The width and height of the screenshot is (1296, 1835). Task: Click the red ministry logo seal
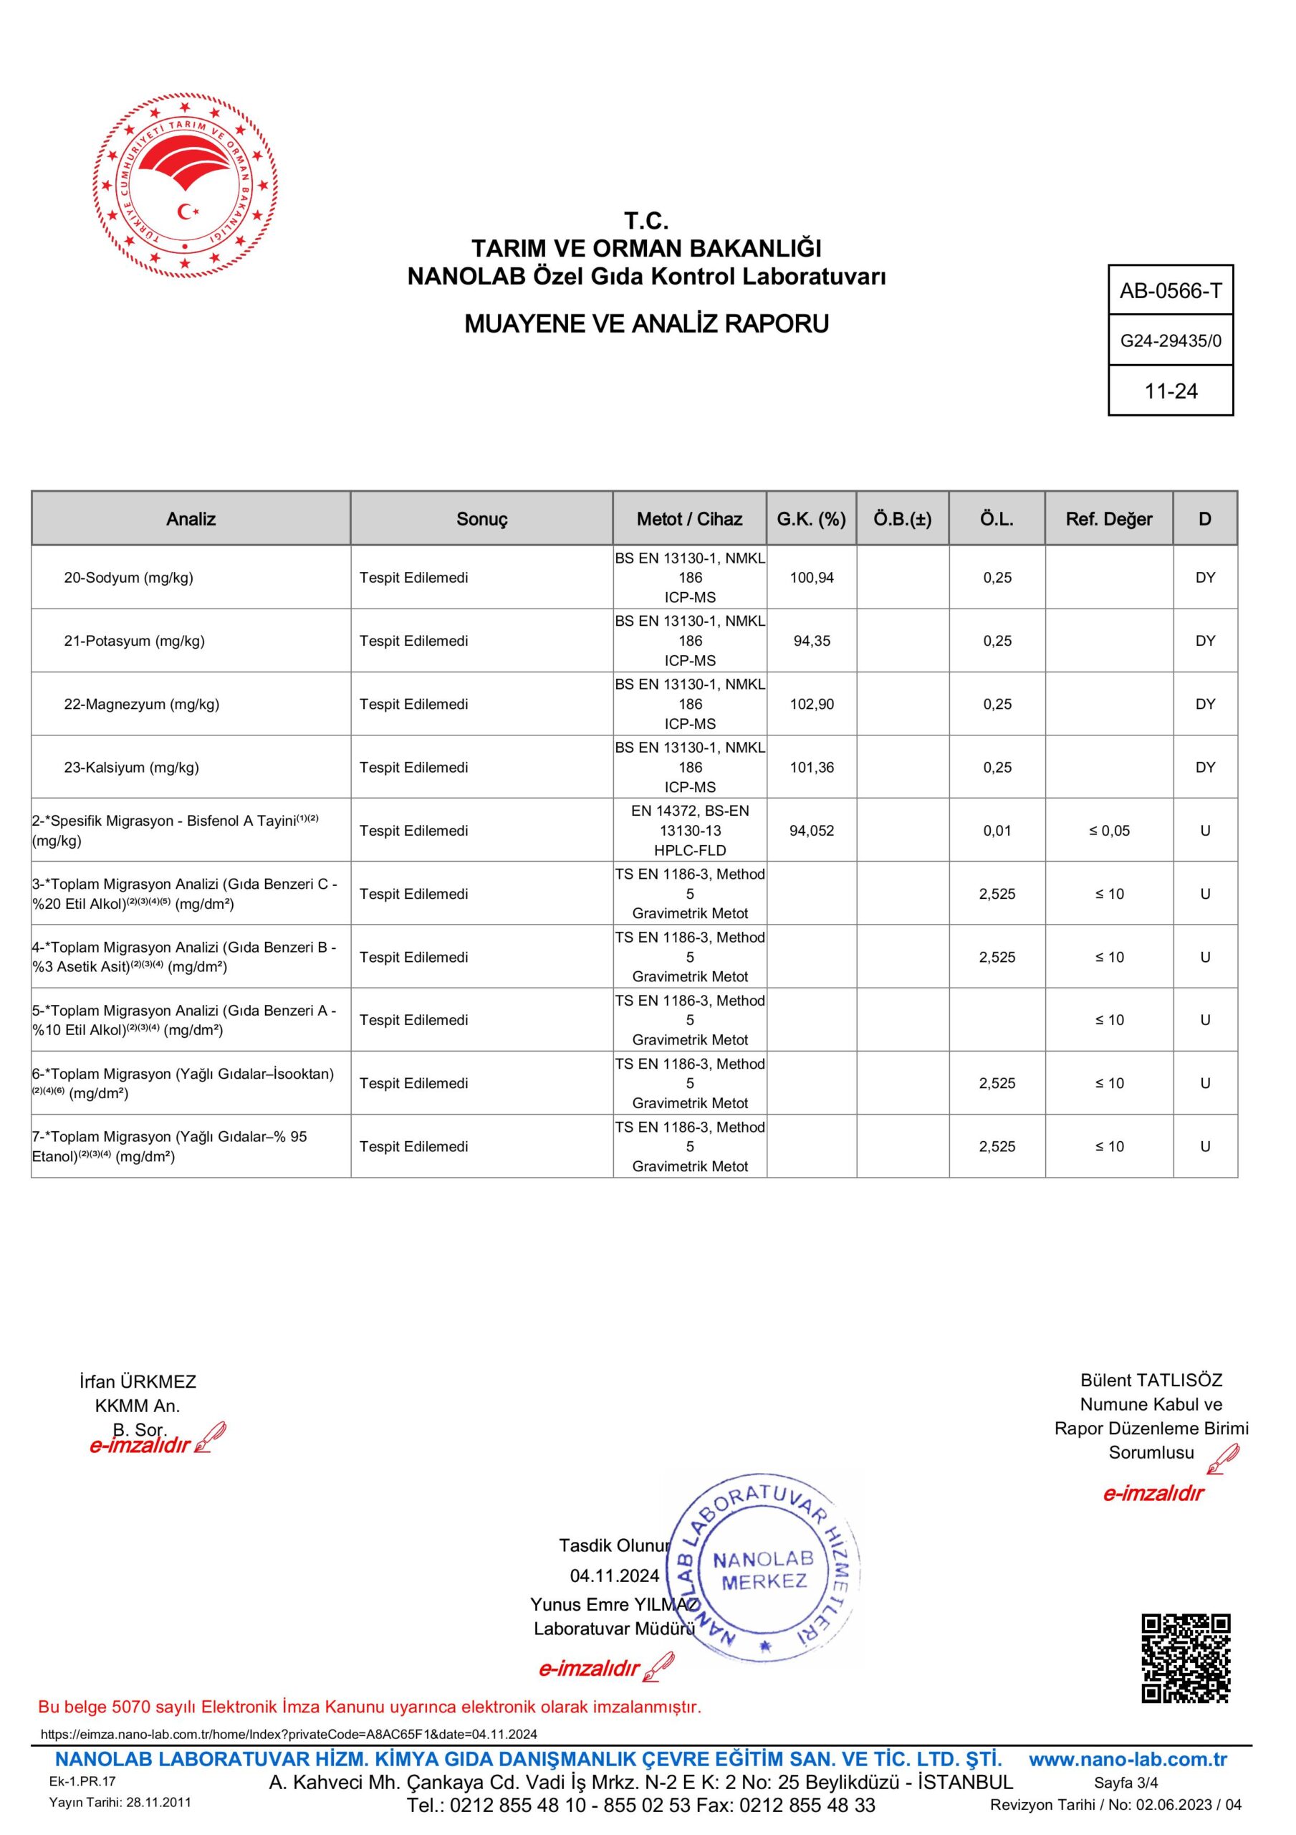[x=186, y=186]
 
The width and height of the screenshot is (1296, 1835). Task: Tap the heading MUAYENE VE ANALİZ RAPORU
[x=646, y=324]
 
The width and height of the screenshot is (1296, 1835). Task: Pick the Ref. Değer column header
[x=1108, y=519]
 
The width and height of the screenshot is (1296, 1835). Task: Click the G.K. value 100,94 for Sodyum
[x=811, y=577]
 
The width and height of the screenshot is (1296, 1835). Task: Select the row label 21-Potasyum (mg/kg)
[x=134, y=640]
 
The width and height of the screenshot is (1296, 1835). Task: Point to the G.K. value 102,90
[x=811, y=704]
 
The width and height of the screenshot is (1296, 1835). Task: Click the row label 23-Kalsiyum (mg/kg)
[x=131, y=767]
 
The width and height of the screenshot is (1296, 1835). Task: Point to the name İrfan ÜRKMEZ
[x=138, y=1381]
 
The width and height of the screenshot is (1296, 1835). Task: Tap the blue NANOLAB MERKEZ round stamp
[x=764, y=1571]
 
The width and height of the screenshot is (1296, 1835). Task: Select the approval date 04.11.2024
[x=614, y=1576]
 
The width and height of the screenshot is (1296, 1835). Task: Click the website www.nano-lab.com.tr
[x=1128, y=1759]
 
